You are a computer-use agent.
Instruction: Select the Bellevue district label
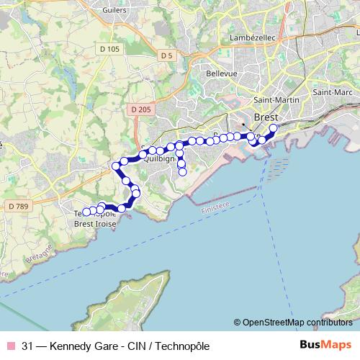(x=202, y=73)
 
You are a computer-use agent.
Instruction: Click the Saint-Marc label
(x=332, y=93)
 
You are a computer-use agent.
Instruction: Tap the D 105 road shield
(x=110, y=49)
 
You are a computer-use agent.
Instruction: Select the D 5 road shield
(x=166, y=55)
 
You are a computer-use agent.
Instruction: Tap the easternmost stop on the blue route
(x=273, y=129)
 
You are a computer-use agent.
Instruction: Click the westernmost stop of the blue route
(x=86, y=212)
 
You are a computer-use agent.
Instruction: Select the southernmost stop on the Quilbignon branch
(x=182, y=172)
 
